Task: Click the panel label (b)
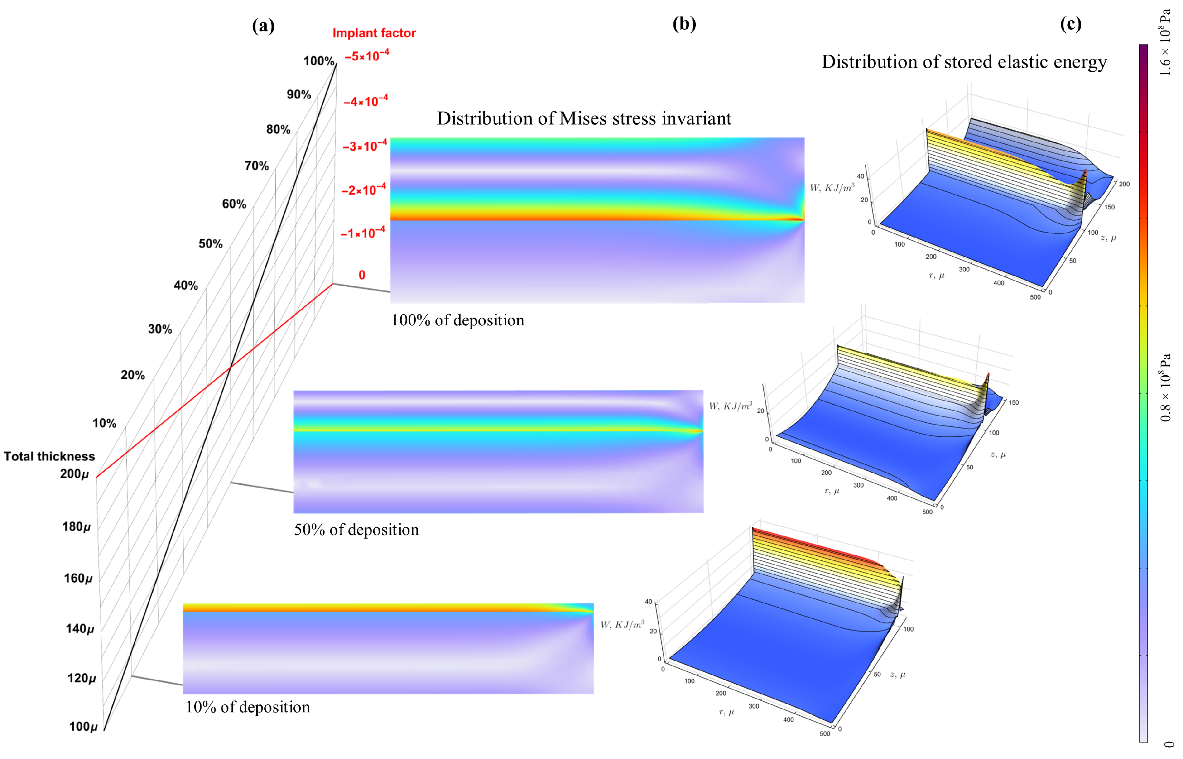684,24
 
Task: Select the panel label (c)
1071,24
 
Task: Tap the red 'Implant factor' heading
374,33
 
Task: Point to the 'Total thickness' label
49,456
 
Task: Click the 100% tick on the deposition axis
319,61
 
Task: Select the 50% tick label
210,244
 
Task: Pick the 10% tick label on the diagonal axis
104,423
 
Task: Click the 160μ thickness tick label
77,578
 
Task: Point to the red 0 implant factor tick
362,275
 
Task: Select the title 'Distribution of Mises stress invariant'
584,119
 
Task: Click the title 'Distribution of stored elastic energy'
964,62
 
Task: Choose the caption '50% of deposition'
356,530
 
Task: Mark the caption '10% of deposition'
248,707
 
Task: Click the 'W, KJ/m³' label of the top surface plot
832,188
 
